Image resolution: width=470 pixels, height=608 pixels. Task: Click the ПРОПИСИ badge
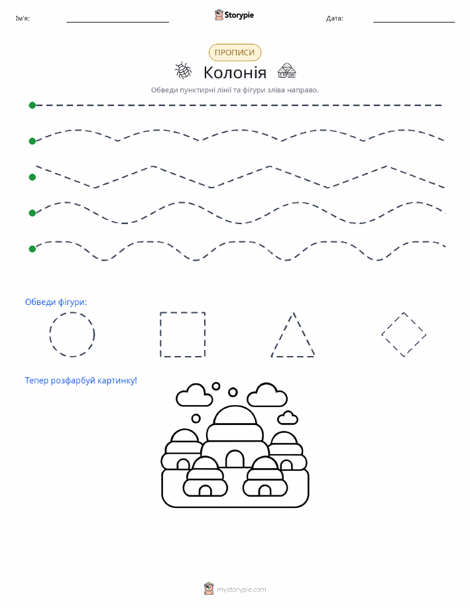pyautogui.click(x=235, y=52)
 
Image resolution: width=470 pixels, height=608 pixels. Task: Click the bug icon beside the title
pyautogui.click(x=184, y=70)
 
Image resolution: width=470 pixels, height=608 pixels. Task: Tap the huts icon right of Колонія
pyautogui.click(x=286, y=70)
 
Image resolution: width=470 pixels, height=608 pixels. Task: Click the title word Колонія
pyautogui.click(x=235, y=72)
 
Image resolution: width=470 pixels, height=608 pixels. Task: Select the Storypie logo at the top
pyautogui.click(x=234, y=15)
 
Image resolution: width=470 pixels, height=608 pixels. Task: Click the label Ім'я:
pyautogui.click(x=23, y=18)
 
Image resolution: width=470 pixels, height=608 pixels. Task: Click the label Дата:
pyautogui.click(x=334, y=18)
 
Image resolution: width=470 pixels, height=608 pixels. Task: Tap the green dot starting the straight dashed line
pyautogui.click(x=32, y=105)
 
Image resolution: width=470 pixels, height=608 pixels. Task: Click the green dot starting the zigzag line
pyautogui.click(x=32, y=177)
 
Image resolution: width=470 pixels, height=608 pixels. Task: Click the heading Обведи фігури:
pyautogui.click(x=56, y=302)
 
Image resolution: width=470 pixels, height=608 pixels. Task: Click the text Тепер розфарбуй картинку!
pyautogui.click(x=81, y=381)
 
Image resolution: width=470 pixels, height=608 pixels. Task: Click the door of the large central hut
pyautogui.click(x=235, y=459)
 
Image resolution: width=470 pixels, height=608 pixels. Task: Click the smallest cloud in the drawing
pyautogui.click(x=288, y=418)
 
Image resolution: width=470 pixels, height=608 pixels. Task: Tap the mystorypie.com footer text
pyautogui.click(x=241, y=589)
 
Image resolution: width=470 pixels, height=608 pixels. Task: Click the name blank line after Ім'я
pyautogui.click(x=117, y=22)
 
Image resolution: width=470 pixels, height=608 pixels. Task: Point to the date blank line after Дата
pyautogui.click(x=414, y=22)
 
